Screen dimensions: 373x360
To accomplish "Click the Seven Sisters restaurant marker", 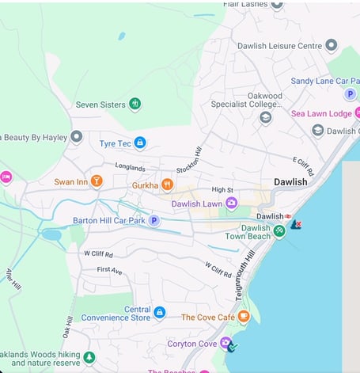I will (x=135, y=104).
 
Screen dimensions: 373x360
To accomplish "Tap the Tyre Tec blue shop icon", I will (x=140, y=143).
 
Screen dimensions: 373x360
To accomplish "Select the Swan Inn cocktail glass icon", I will (x=97, y=181).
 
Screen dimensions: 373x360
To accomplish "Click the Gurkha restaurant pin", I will (x=167, y=185).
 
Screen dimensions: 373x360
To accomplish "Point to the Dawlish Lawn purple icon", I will (x=232, y=204).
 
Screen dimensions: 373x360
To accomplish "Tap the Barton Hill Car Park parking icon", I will (x=155, y=221).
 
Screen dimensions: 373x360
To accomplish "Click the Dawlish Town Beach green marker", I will (x=279, y=231).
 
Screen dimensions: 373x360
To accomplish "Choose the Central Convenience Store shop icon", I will (x=159, y=313).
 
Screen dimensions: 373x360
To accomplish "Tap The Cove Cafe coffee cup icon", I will (x=244, y=317).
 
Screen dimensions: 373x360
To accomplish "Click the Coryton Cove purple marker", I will (x=226, y=344).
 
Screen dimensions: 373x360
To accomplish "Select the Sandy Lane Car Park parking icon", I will (x=350, y=94).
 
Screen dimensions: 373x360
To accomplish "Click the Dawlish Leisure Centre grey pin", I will (x=332, y=46).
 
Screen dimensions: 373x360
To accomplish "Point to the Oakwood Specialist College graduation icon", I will (x=266, y=117).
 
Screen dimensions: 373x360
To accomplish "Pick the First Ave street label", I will (x=110, y=270).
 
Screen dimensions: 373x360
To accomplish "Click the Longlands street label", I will (x=130, y=168).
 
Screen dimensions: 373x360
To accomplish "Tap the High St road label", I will (x=223, y=190).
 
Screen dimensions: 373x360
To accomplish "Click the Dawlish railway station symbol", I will (x=288, y=216).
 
